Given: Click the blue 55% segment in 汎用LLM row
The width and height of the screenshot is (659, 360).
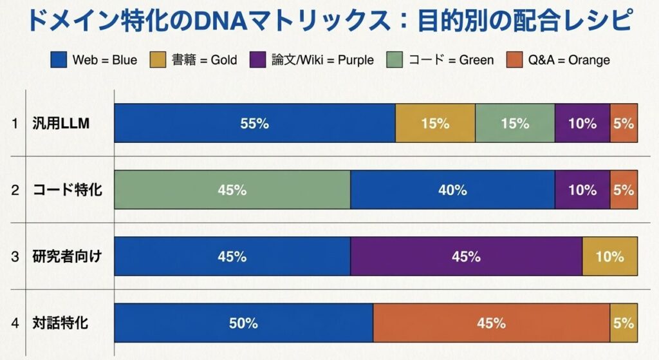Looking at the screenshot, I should (x=254, y=123).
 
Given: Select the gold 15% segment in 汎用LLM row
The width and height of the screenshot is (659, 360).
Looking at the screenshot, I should (x=435, y=123).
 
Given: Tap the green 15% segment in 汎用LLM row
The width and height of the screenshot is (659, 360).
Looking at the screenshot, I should (x=515, y=123).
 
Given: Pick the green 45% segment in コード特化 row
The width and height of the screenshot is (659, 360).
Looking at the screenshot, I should (x=232, y=190).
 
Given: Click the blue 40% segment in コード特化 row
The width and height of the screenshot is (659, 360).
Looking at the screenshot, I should (x=452, y=190).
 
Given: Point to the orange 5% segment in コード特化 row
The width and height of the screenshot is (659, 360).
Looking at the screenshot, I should (x=624, y=190).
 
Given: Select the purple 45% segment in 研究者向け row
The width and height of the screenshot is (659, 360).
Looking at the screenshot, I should (x=466, y=256).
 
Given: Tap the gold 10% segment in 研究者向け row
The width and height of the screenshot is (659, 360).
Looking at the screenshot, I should (x=609, y=256).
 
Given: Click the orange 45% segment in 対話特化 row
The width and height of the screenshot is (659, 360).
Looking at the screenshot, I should (x=491, y=323).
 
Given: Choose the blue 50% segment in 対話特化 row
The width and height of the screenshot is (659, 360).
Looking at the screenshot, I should (x=243, y=323).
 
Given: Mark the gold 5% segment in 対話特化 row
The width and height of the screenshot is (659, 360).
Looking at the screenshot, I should (x=624, y=323).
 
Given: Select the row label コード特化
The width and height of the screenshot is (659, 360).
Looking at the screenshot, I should (x=67, y=191).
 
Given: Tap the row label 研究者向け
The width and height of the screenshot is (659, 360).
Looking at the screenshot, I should (x=67, y=257).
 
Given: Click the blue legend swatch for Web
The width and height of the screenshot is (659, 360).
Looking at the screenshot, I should (x=59, y=60).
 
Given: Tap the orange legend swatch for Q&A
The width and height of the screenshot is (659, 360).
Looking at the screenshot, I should (x=513, y=60).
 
